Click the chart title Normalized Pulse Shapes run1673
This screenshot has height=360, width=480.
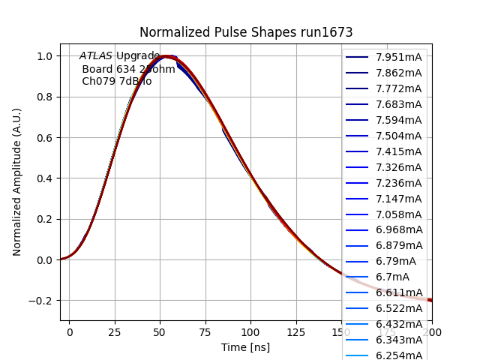coord(246,32)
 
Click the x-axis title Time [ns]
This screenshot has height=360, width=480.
coord(245,347)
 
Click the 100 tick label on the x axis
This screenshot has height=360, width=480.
coord(250,331)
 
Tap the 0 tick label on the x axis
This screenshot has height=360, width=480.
coord(70,331)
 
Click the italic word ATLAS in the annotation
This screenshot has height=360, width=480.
coord(96,55)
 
